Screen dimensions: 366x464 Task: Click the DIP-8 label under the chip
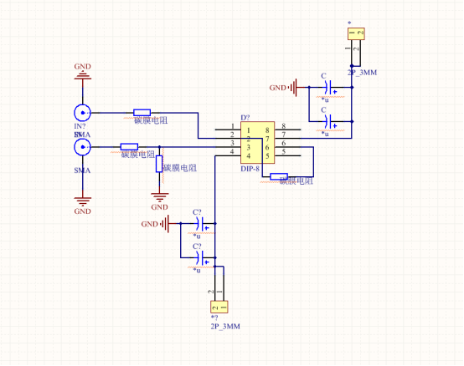point(250,169)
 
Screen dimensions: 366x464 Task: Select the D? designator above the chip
point(245,118)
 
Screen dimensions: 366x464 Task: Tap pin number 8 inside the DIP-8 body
point(267,130)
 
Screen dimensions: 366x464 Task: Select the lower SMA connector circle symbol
point(82,147)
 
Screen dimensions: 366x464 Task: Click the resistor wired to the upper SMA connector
point(142,112)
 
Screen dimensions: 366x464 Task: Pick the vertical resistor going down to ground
point(159,164)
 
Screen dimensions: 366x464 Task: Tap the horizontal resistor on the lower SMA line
point(129,146)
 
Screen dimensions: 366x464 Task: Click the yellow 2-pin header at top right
point(357,34)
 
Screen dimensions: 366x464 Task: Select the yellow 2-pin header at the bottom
point(218,307)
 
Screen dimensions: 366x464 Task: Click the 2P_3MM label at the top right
point(362,73)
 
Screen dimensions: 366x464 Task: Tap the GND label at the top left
point(83,66)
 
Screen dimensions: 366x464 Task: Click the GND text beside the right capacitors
point(277,87)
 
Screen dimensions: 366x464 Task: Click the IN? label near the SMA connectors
point(80,126)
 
